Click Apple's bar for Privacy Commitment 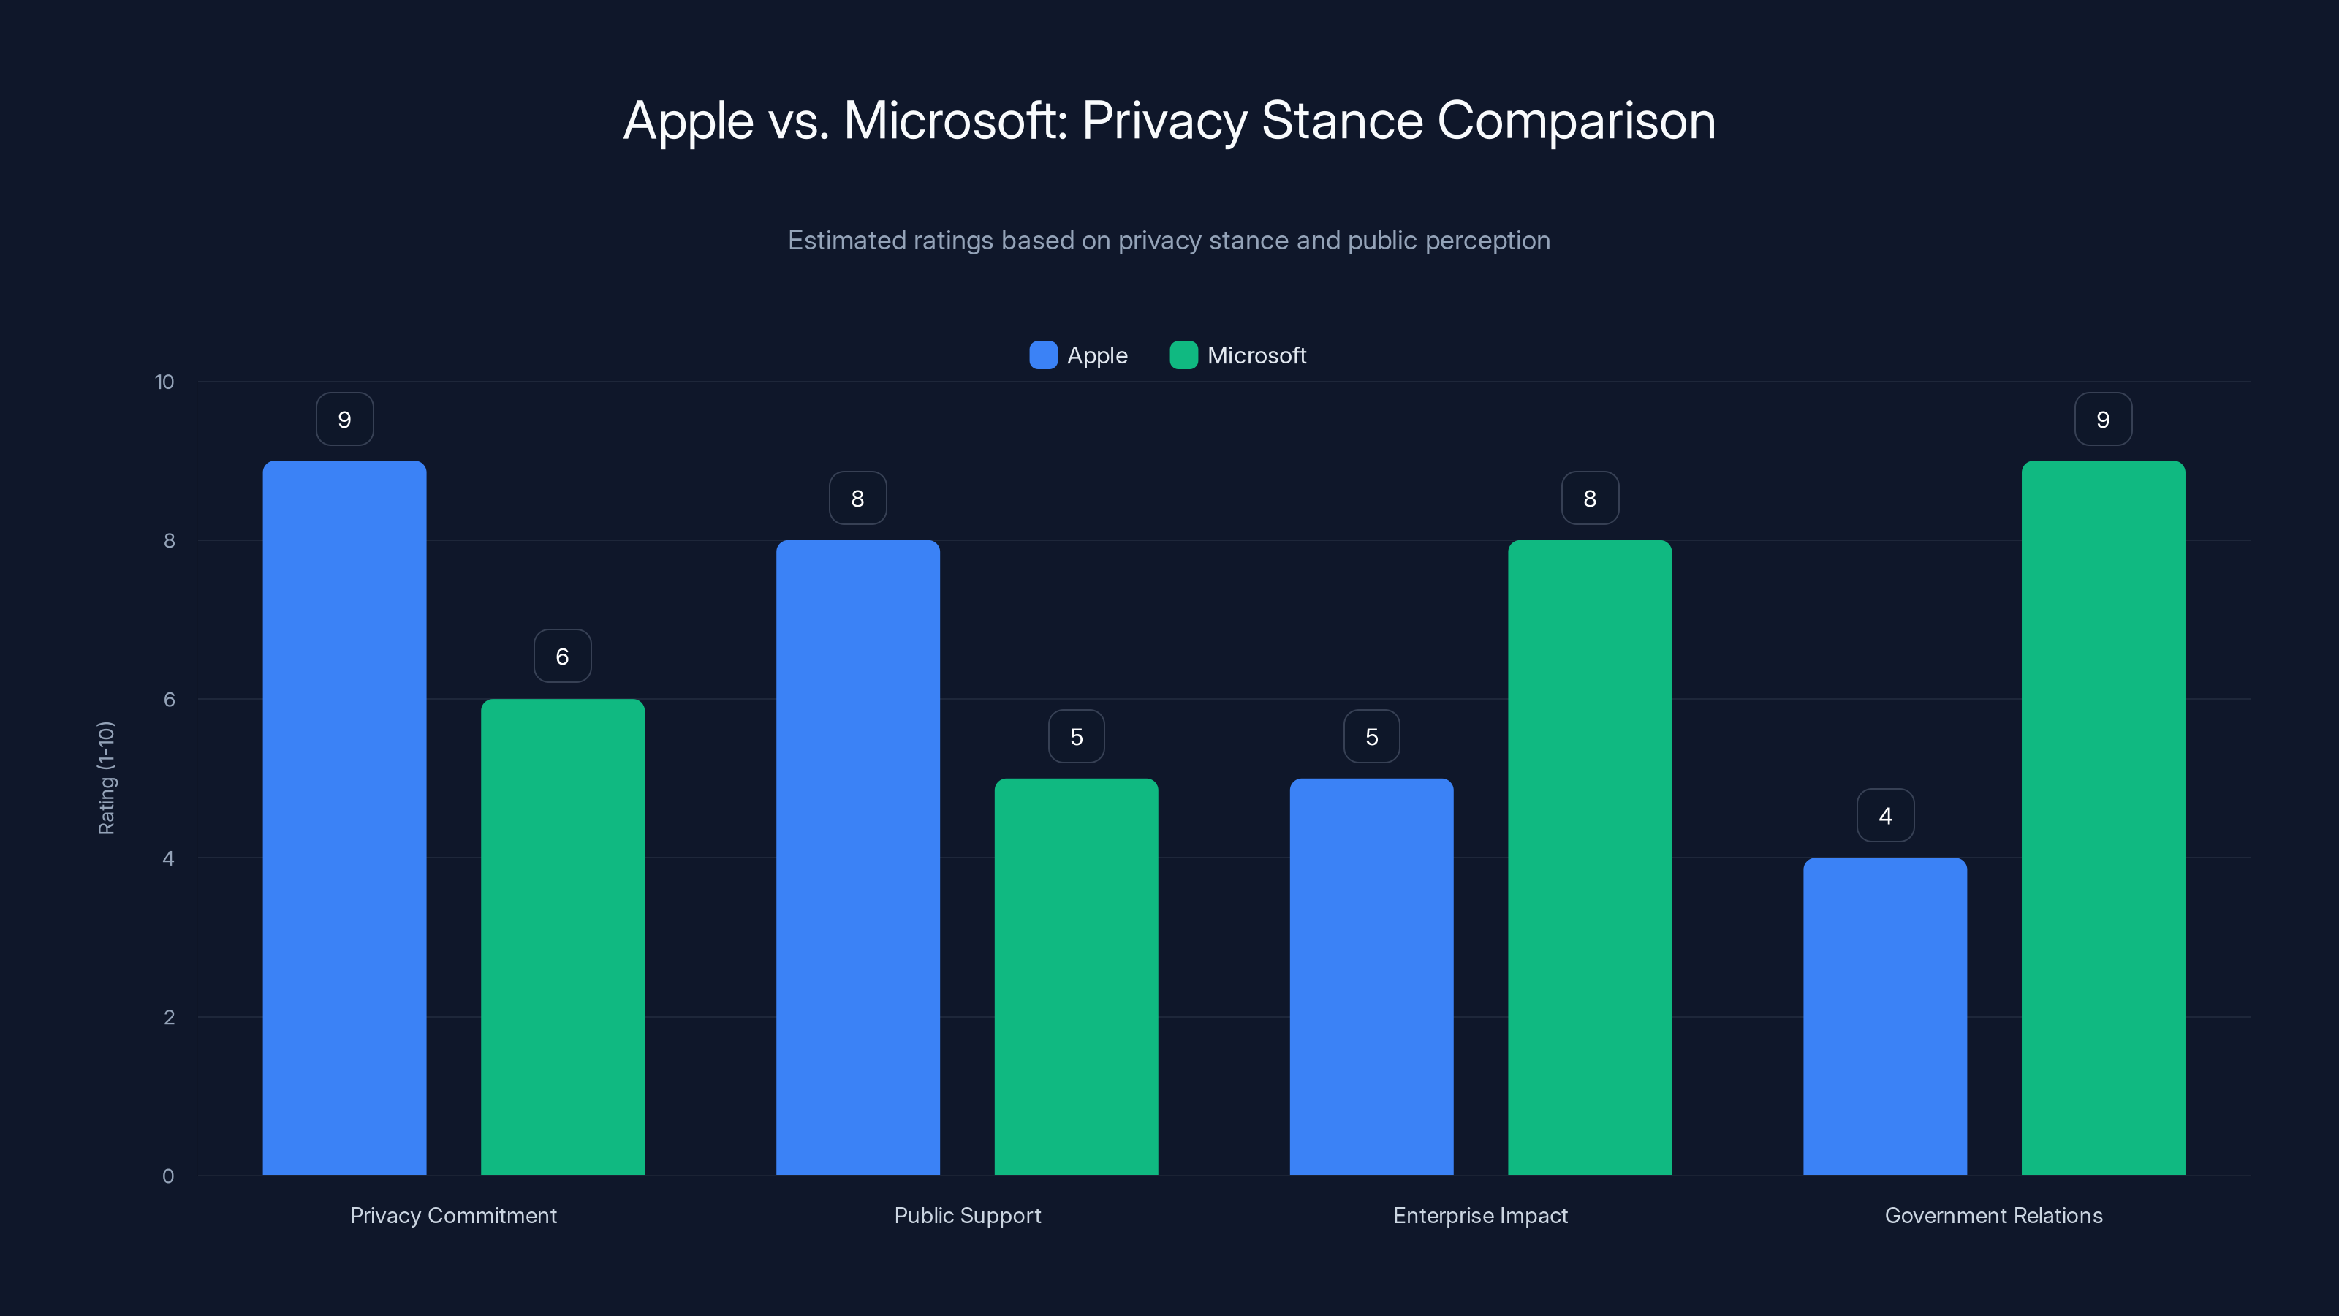(344, 817)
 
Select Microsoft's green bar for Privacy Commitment (562, 936)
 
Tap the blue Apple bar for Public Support (857, 858)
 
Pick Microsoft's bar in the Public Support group (1076, 976)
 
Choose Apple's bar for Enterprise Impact (1371, 976)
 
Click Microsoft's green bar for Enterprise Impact (1589, 858)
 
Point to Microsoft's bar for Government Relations (2103, 817)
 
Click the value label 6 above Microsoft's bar (562, 656)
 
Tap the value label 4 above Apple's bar (1885, 816)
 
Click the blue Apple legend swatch (1043, 355)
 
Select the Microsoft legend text (1256, 355)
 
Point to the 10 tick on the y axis (164, 382)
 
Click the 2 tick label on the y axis (169, 1017)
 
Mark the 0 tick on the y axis (168, 1176)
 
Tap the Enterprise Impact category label (1480, 1215)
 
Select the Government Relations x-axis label (1993, 1215)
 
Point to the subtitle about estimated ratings (1169, 241)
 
